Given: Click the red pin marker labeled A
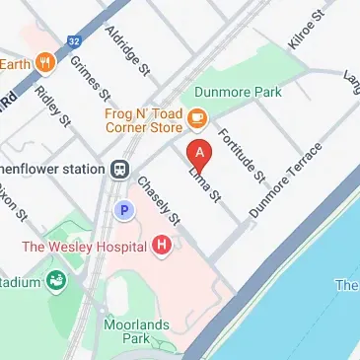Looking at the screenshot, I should (200, 155).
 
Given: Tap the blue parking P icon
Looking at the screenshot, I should (124, 209).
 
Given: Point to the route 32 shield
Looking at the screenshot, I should (74, 41).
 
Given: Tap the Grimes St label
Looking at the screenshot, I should (91, 79).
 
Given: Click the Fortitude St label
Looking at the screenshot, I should (243, 158).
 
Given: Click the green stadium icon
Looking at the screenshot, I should (55, 282).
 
